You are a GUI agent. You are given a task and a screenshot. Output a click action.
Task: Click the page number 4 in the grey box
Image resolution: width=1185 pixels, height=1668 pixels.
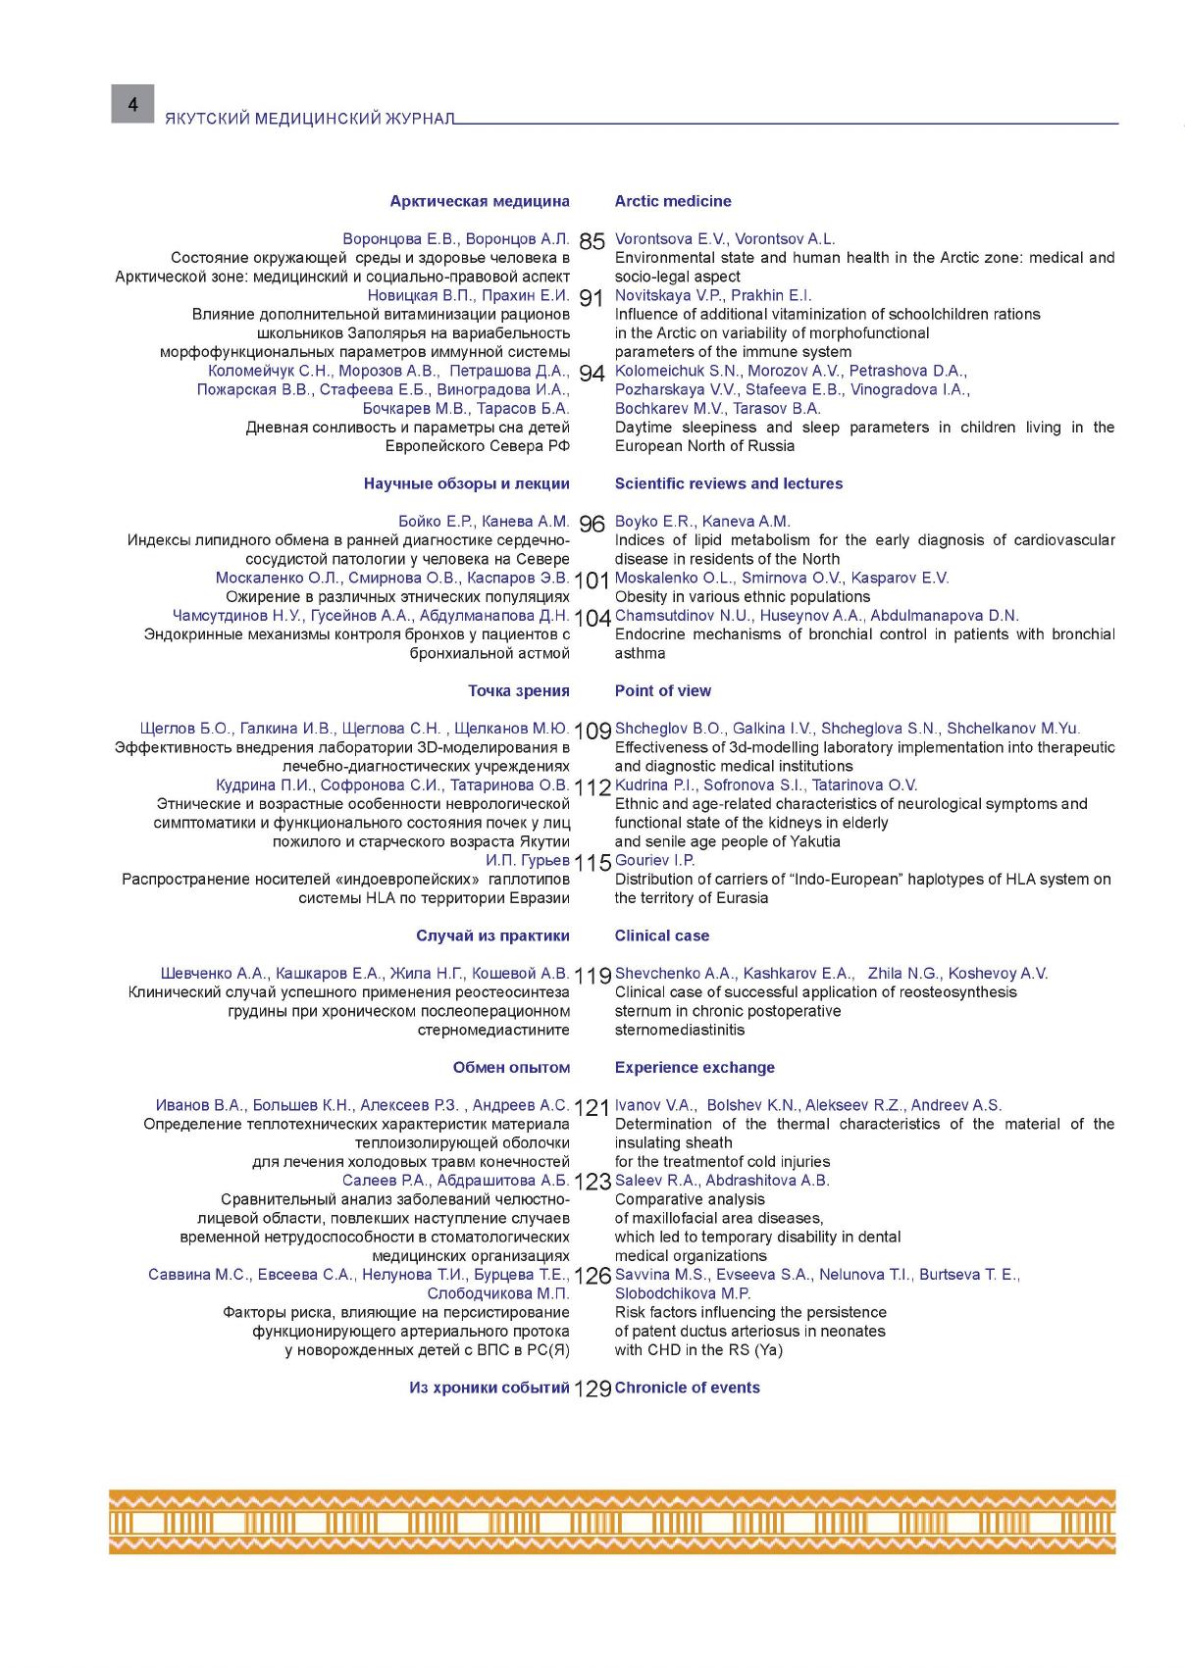pyautogui.click(x=132, y=104)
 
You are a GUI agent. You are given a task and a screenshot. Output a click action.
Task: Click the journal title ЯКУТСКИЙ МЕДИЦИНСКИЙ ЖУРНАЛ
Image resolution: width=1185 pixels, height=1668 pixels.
pyautogui.click(x=310, y=119)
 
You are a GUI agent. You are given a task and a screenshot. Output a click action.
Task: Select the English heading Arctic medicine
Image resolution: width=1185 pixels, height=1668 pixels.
pyautogui.click(x=673, y=201)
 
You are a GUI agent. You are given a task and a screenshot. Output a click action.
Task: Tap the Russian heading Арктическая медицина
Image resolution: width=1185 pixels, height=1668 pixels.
pyautogui.click(x=480, y=201)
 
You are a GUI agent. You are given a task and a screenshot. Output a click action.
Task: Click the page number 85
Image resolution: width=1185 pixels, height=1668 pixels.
pyautogui.click(x=592, y=241)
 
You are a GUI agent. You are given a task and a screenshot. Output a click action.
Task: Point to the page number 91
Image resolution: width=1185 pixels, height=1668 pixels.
pyautogui.click(x=592, y=298)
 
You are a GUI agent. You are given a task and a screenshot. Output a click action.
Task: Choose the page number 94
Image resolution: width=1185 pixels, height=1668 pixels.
pyautogui.click(x=592, y=374)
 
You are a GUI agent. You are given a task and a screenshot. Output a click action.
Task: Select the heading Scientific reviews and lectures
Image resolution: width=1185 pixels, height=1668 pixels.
pyautogui.click(x=729, y=483)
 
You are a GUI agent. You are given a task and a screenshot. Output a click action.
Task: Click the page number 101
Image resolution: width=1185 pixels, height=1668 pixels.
pyautogui.click(x=592, y=581)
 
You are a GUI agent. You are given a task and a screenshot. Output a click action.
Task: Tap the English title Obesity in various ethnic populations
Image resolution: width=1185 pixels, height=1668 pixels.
pyautogui.click(x=743, y=596)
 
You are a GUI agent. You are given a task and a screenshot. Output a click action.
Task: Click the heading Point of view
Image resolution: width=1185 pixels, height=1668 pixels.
pyautogui.click(x=663, y=690)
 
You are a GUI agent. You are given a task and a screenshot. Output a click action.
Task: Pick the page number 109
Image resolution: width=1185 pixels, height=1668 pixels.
pyautogui.click(x=592, y=731)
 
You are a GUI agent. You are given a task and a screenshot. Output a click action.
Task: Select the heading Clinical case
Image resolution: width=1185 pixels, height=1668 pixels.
pyautogui.click(x=662, y=935)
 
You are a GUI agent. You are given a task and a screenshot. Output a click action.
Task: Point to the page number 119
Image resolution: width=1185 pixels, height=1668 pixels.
pyautogui.click(x=592, y=976)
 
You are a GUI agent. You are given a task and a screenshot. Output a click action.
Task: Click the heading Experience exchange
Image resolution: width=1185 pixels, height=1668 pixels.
pyautogui.click(x=695, y=1067)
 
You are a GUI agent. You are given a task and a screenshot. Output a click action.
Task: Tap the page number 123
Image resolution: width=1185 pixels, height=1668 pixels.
pyautogui.click(x=592, y=1183)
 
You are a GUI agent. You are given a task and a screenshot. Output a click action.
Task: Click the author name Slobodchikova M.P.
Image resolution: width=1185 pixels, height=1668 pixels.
pyautogui.click(x=683, y=1293)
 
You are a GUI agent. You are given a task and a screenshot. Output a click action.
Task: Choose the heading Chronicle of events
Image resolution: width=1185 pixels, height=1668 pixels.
pyautogui.click(x=688, y=1388)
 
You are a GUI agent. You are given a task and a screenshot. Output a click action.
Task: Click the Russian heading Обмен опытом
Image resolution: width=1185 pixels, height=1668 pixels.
pyautogui.click(x=511, y=1067)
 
